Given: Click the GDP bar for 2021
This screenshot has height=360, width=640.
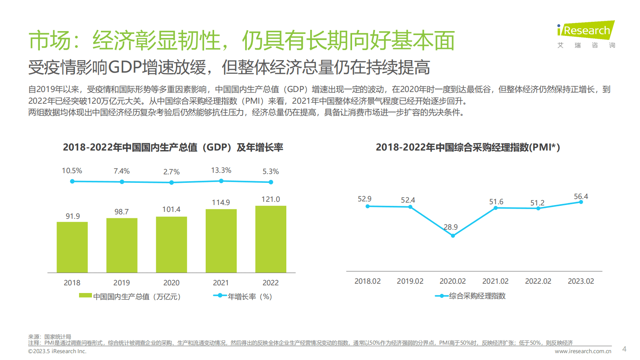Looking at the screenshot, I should (221, 241).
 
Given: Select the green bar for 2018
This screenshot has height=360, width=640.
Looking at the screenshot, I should (72, 247).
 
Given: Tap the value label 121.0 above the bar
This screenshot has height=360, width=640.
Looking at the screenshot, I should (271, 199).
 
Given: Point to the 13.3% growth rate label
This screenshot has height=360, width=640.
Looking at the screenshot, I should (221, 170).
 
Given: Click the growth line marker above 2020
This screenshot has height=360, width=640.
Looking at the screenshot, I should (171, 182).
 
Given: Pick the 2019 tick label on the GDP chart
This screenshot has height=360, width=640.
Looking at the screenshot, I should (121, 283).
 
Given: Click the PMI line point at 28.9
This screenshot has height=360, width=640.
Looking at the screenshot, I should (453, 236).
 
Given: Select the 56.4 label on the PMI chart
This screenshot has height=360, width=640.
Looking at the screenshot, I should (581, 197).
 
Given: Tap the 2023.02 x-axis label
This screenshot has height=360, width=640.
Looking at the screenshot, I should (581, 281).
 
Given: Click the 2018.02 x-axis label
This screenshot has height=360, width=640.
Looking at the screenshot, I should (367, 281).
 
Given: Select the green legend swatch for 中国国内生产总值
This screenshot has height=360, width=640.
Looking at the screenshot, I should (85, 296).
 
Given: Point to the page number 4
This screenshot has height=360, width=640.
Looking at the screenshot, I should (624, 349).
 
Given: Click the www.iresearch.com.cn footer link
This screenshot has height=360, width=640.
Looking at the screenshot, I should (583, 352).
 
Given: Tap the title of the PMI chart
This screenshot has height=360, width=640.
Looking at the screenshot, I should (468, 147).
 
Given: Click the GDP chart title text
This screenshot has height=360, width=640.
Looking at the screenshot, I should (173, 147).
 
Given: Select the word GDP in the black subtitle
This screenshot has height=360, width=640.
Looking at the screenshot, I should (125, 67).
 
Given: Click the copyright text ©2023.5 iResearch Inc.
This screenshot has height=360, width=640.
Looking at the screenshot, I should (57, 352).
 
